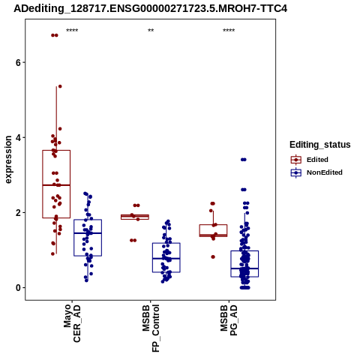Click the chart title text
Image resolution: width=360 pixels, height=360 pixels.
click(x=150, y=8)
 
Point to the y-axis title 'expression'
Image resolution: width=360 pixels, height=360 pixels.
click(x=8, y=160)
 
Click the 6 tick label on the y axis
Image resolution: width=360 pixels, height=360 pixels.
click(x=18, y=62)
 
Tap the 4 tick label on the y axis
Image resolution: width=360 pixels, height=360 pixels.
click(x=18, y=137)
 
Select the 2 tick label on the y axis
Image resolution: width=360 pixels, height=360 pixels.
click(x=18, y=212)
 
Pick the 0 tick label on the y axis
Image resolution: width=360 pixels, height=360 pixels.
click(x=18, y=287)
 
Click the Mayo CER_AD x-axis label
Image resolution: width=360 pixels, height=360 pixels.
click(x=72, y=323)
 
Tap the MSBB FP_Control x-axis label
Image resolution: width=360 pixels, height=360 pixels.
click(x=151, y=328)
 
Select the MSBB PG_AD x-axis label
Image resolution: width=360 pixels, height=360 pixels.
click(x=229, y=319)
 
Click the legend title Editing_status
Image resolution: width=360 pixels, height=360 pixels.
click(x=320, y=145)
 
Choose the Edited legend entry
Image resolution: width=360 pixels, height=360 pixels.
click(x=309, y=160)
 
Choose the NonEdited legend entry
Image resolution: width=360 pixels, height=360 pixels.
click(x=316, y=172)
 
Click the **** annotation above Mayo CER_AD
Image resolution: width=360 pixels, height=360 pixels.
click(x=72, y=31)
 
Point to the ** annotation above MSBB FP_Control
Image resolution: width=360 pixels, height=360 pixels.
click(x=151, y=31)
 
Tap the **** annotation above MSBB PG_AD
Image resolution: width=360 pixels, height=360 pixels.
click(x=229, y=31)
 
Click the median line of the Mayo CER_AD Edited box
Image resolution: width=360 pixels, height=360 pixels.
click(x=56, y=185)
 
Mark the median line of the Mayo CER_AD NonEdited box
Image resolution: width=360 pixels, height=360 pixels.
click(x=88, y=233)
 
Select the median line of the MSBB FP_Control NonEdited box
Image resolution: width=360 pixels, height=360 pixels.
click(x=166, y=259)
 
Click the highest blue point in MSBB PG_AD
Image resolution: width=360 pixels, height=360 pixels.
click(x=244, y=160)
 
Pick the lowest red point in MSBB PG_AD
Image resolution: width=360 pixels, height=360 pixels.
click(x=213, y=256)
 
